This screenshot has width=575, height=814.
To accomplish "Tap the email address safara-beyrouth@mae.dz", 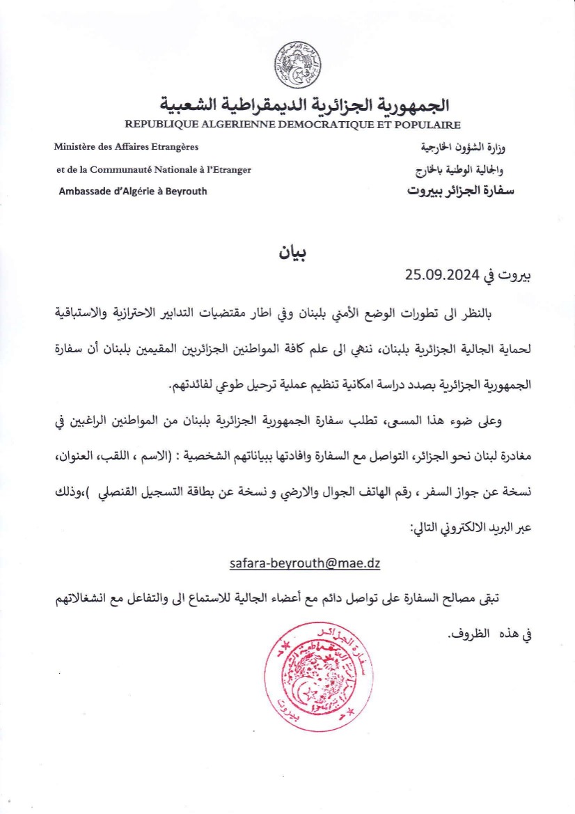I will pos(305,563).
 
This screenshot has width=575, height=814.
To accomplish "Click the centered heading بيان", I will pos(293,251).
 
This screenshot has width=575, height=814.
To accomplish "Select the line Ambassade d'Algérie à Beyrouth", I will pos(133,191).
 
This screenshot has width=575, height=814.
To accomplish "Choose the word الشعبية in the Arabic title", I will pos(192,105).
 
